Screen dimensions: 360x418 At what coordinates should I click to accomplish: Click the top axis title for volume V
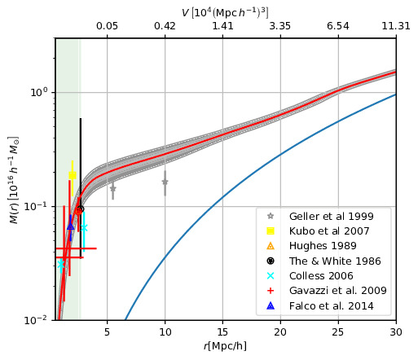point(226,10)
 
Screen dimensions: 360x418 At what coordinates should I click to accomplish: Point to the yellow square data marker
point(73,175)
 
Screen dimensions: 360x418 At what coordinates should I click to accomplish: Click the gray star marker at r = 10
point(165,182)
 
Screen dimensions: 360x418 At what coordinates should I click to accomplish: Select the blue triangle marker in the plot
point(70,225)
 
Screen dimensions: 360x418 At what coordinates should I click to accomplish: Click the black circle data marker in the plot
point(80,209)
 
